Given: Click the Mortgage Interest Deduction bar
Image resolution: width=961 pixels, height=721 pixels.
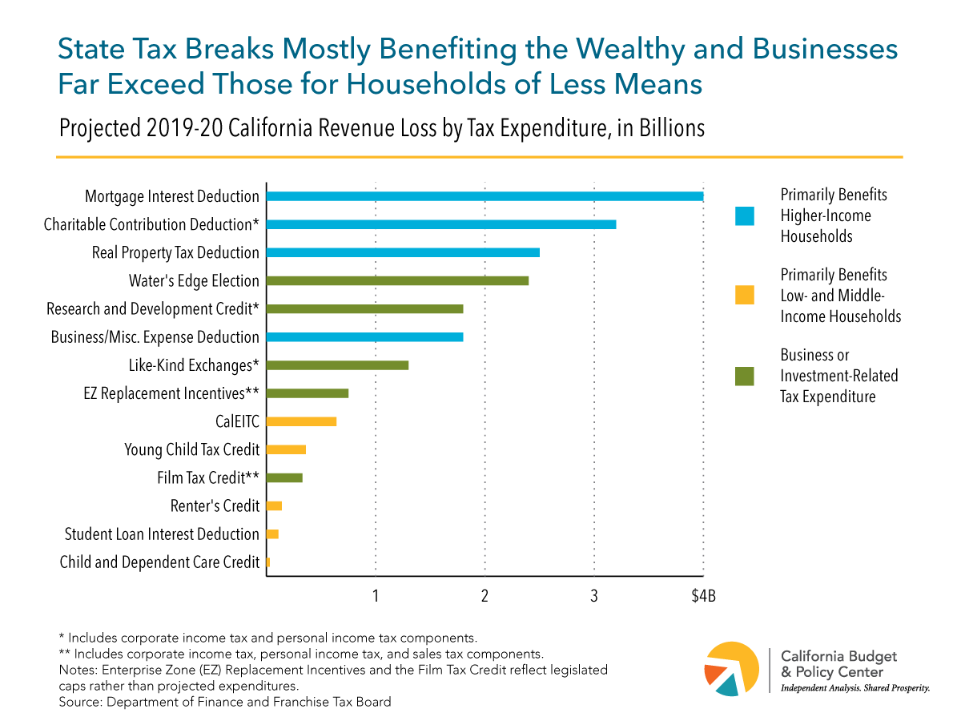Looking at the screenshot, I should pyautogui.click(x=485, y=196).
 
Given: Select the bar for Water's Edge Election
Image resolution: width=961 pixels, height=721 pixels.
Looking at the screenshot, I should pyautogui.click(x=397, y=281).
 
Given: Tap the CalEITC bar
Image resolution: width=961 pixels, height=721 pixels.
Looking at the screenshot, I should pyautogui.click(x=301, y=421).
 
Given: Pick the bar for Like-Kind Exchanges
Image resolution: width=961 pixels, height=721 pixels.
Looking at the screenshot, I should pyautogui.click(x=337, y=365).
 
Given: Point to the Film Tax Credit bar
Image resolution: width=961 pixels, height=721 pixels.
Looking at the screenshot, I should pyautogui.click(x=284, y=477).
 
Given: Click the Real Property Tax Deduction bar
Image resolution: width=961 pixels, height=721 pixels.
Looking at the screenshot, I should pyautogui.click(x=403, y=253).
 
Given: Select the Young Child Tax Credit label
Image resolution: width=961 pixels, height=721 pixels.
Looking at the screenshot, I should pyautogui.click(x=191, y=449).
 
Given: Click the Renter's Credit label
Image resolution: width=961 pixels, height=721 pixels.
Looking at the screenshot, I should pyautogui.click(x=215, y=506).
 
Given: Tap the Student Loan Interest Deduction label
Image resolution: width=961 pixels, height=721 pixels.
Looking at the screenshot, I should pyautogui.click(x=162, y=534).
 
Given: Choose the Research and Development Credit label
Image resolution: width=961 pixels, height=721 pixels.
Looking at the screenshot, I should pyautogui.click(x=153, y=309).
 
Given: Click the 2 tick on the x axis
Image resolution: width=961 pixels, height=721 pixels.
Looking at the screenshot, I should pyautogui.click(x=485, y=596).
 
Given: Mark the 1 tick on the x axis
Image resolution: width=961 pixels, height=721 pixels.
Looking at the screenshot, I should pyautogui.click(x=376, y=596).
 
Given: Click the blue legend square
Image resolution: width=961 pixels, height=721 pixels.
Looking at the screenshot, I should pyautogui.click(x=745, y=215).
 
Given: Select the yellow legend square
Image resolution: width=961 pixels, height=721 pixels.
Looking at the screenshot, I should pyautogui.click(x=745, y=296).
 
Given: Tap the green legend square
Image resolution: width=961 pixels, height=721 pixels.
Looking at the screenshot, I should pyautogui.click(x=745, y=376).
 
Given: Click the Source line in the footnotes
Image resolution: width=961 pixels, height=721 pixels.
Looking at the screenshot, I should pyautogui.click(x=225, y=703).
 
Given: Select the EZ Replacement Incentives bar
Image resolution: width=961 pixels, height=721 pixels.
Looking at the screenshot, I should pyautogui.click(x=308, y=393).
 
